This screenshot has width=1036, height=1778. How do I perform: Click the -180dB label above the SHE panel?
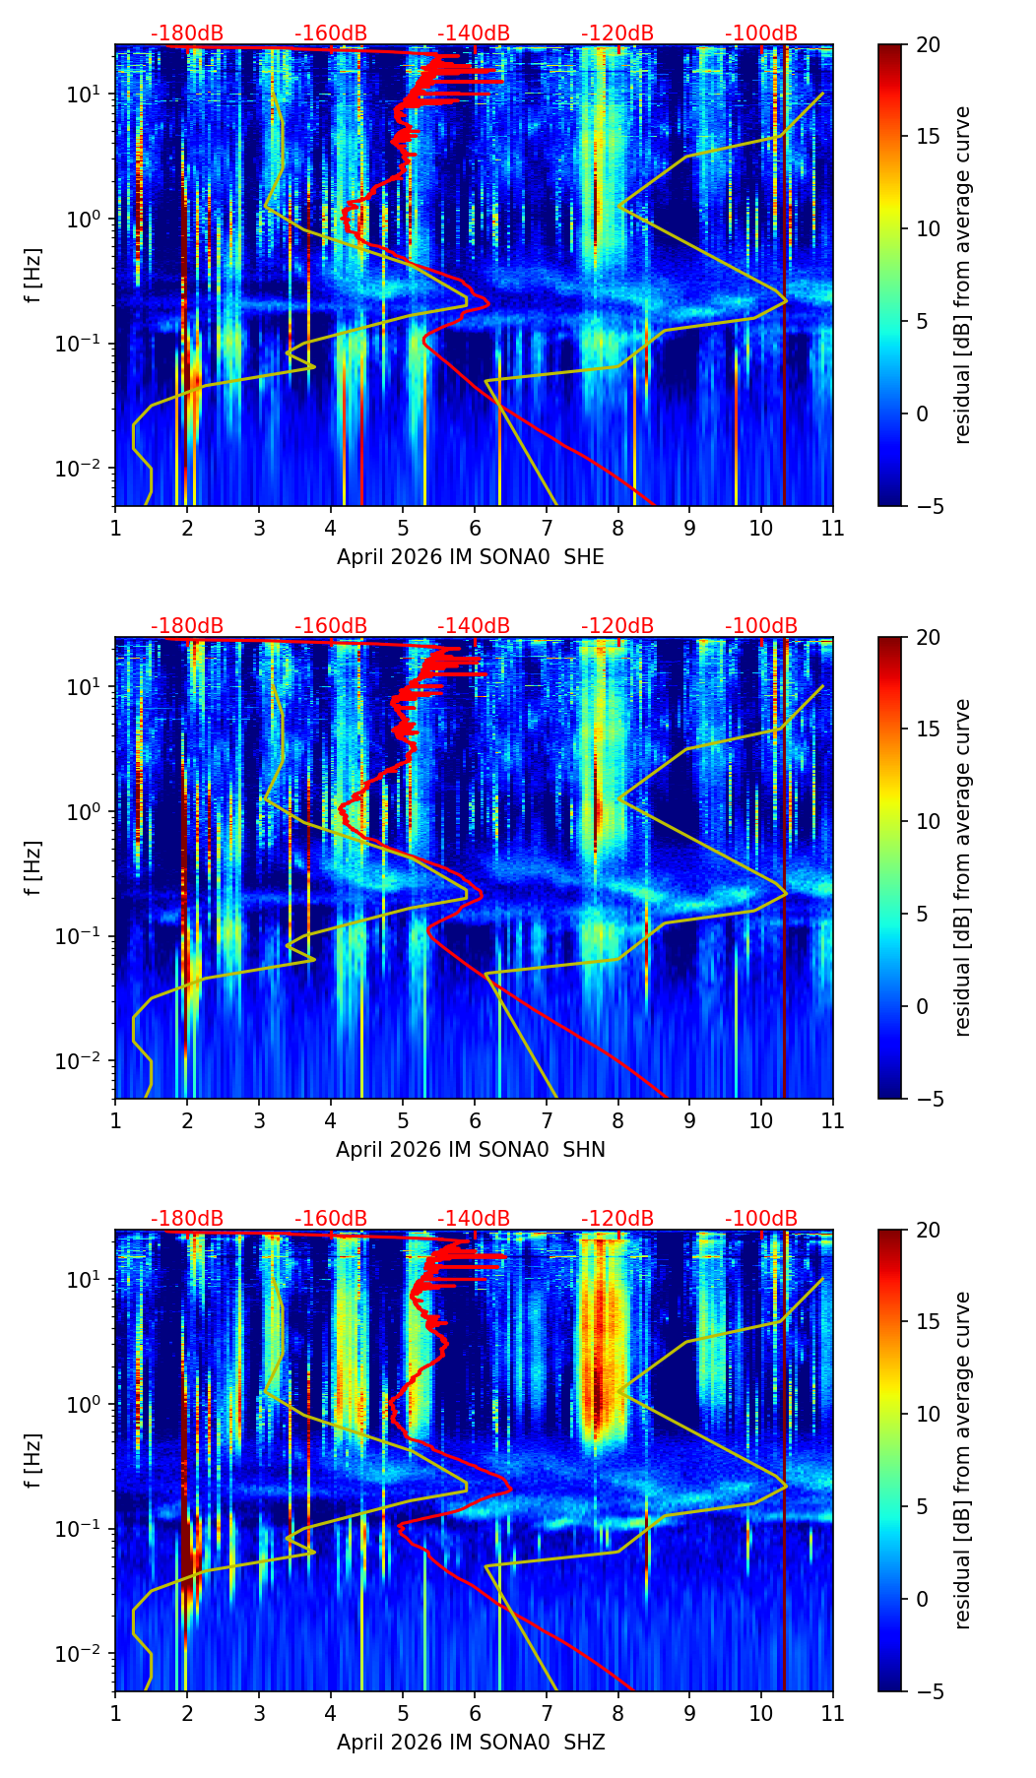(x=187, y=33)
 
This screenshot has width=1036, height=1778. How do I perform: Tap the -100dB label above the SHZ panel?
(x=761, y=1219)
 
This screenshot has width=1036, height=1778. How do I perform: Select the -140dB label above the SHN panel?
(x=474, y=626)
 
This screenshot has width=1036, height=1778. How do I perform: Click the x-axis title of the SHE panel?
(x=471, y=557)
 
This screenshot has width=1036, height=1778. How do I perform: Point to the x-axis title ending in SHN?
(x=471, y=1150)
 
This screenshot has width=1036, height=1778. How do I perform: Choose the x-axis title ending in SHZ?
(x=471, y=1743)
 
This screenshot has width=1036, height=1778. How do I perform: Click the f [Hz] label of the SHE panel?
(x=33, y=276)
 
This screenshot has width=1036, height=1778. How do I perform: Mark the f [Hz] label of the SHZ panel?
(x=33, y=1461)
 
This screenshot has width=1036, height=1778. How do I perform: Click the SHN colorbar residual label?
(x=963, y=867)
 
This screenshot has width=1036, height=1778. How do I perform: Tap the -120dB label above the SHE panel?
(x=617, y=33)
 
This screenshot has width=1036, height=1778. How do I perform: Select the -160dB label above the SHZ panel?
(x=331, y=1219)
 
